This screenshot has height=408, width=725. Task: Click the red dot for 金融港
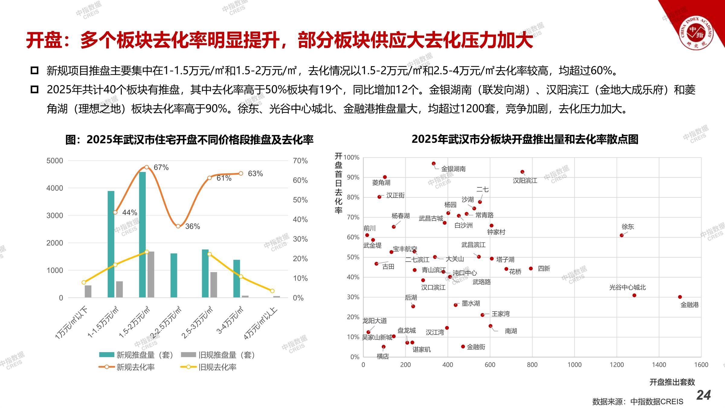click(x=680, y=297)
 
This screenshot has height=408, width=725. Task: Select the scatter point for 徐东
click(x=622, y=235)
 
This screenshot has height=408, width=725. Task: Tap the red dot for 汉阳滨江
click(x=522, y=172)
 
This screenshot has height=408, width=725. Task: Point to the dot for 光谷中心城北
click(x=634, y=295)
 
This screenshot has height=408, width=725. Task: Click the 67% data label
click(x=161, y=167)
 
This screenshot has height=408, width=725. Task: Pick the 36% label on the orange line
click(x=192, y=226)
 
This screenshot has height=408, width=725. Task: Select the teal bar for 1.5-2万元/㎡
click(x=142, y=235)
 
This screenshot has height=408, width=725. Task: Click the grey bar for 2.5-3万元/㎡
click(x=214, y=285)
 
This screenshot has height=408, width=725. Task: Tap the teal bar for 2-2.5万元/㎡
click(x=174, y=275)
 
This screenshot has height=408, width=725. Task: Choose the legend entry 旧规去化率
click(x=217, y=367)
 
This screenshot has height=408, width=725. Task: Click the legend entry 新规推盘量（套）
click(x=145, y=355)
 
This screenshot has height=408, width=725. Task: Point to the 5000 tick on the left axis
click(x=55, y=161)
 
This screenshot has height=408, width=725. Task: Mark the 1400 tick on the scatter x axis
click(x=659, y=365)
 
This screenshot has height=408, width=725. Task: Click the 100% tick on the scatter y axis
click(x=351, y=157)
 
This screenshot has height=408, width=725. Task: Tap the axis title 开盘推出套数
click(x=672, y=382)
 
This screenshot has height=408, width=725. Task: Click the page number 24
click(x=704, y=395)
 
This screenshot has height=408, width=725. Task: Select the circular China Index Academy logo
click(x=696, y=32)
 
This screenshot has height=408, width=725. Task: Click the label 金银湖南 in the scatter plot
click(x=453, y=169)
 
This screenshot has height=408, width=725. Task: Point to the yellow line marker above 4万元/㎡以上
click(x=272, y=291)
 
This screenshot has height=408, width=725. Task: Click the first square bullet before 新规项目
click(x=35, y=71)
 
